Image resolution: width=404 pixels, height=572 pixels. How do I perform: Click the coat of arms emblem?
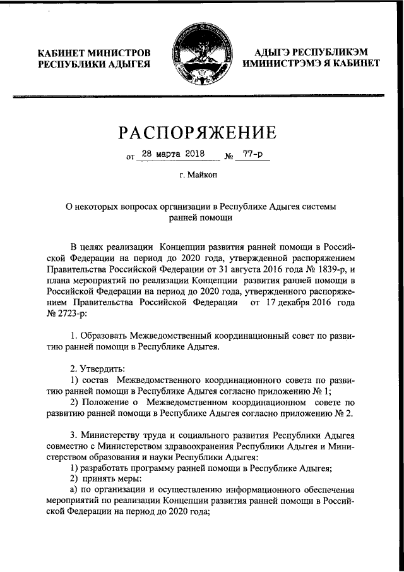201,58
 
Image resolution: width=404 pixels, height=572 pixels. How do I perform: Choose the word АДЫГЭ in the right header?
277,52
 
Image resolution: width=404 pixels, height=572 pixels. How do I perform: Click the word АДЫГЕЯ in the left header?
129,64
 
